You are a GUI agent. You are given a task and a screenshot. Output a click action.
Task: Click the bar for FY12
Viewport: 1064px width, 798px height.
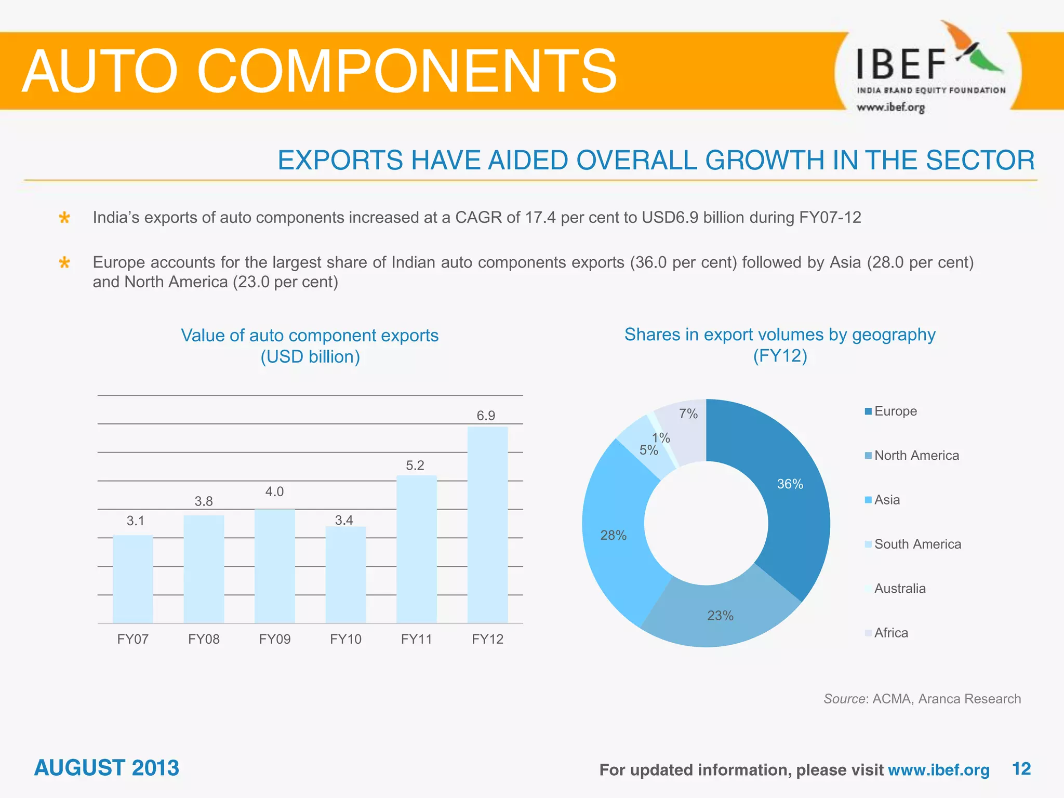point(487,525)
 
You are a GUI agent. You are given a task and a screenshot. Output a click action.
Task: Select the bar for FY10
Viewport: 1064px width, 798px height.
point(345,575)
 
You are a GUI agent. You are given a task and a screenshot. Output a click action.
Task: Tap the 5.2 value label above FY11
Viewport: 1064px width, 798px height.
point(415,465)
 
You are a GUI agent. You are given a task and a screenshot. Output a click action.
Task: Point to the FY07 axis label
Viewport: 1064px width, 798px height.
point(133,639)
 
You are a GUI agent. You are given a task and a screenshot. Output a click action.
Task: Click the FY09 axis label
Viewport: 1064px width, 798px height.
point(275,639)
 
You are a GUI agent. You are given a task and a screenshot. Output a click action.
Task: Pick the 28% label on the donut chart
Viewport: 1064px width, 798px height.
point(613,535)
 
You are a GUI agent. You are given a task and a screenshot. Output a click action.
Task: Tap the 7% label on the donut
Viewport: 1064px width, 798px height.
point(688,414)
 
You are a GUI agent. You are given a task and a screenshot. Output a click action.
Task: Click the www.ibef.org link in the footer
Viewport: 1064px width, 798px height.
point(938,769)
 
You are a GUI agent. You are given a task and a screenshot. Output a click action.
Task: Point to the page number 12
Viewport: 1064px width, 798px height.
point(1021,768)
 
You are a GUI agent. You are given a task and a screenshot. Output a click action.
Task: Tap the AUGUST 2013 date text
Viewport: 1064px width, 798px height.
point(107,768)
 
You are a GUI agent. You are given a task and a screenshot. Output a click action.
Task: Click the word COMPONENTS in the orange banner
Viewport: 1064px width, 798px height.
point(406,71)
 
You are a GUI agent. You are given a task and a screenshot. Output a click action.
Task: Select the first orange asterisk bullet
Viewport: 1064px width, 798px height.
point(64,218)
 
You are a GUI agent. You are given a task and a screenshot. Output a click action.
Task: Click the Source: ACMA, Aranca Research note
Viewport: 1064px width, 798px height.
point(922,699)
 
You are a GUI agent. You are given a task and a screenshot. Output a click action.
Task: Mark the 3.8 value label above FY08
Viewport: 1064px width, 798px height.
point(204,501)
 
